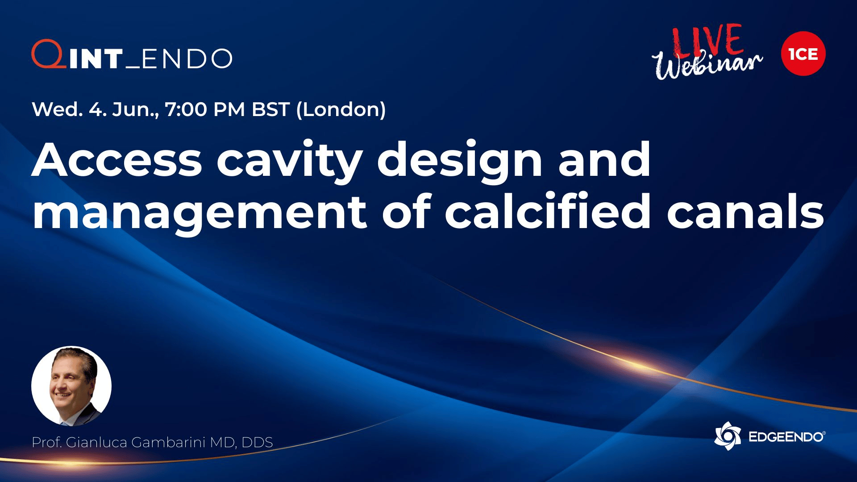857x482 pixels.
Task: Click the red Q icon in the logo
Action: click(48, 54)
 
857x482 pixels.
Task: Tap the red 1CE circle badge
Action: click(803, 54)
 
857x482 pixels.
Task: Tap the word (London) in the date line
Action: click(341, 110)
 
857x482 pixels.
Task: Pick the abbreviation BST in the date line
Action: click(270, 109)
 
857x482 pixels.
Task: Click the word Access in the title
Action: click(117, 160)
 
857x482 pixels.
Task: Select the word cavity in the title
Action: click(289, 163)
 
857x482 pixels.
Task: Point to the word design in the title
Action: click(460, 163)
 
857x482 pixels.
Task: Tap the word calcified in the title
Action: click(548, 210)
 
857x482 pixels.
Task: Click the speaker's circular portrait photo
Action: click(71, 386)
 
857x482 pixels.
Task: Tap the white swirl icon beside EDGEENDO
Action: click(728, 436)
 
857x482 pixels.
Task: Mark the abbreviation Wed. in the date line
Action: click(57, 109)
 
